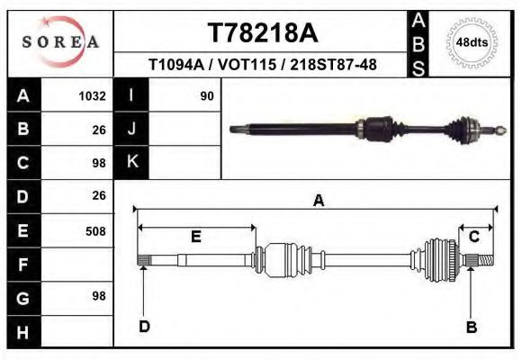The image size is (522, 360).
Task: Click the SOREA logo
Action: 60,42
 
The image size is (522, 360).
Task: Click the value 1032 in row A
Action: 93,95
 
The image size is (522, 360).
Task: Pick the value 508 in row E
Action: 94,231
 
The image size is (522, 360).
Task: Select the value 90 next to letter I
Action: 206,95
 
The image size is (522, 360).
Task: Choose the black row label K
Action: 131,162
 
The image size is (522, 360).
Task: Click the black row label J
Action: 131,129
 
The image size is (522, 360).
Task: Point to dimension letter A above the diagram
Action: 318,202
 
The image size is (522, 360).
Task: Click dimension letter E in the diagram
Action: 195,237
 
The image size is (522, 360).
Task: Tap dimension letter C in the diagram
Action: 474,237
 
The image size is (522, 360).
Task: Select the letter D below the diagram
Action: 144,326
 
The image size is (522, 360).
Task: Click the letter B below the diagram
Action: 471,327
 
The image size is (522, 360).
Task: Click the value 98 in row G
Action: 99,296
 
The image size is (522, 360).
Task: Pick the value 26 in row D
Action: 99,195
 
